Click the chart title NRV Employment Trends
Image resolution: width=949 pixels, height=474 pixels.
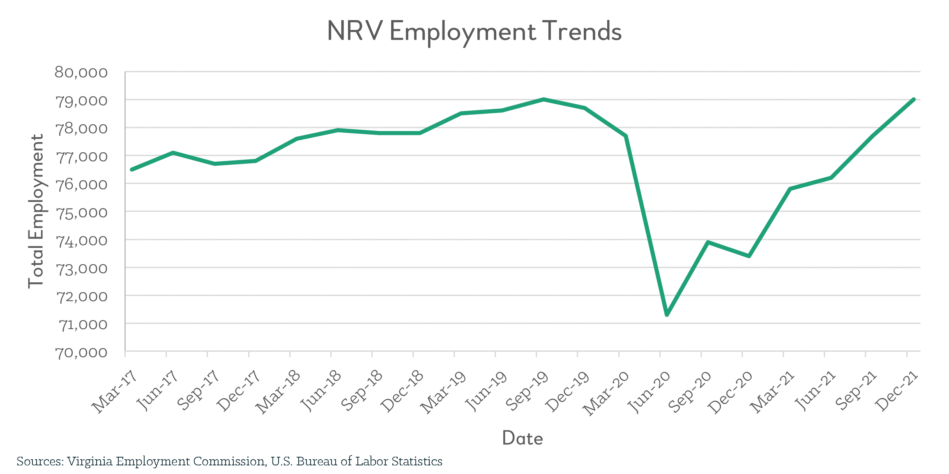coord(474,32)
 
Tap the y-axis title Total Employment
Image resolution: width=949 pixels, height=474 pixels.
coord(36,211)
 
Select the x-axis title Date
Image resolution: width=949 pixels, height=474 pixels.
coord(522,438)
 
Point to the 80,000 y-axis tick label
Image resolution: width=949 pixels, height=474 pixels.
coord(81,73)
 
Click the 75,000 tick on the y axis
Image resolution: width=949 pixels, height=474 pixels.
coord(81,213)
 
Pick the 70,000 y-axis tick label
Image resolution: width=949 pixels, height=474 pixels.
coord(81,353)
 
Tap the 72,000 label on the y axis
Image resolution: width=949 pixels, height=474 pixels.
coord(81,297)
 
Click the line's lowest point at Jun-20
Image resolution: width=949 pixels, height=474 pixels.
coord(667,315)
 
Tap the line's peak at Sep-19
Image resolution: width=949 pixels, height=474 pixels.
coord(544,99)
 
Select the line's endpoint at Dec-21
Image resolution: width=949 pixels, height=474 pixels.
coord(914,99)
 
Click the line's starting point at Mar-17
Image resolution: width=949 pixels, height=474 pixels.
coord(131,169)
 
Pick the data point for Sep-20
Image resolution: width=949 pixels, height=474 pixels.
coord(708,242)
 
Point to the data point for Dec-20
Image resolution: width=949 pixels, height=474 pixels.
coord(749,256)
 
